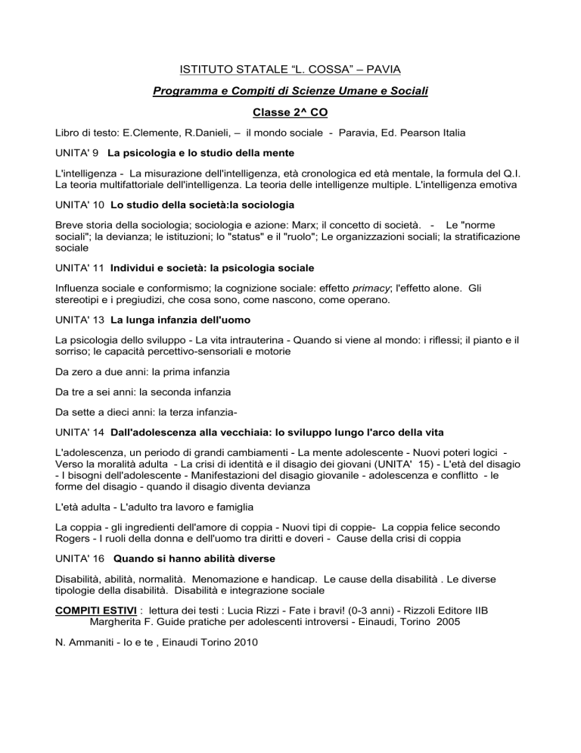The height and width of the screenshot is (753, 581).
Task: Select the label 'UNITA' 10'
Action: point(81,205)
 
